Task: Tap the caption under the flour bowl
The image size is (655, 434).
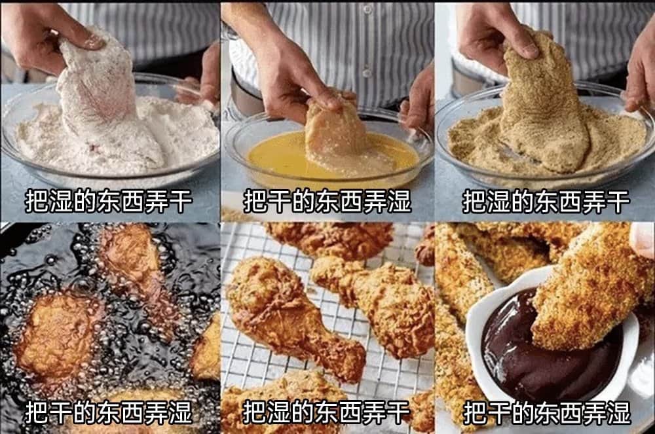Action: click(109, 201)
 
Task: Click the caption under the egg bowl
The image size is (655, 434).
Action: click(327, 201)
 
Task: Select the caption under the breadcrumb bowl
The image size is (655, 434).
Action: click(546, 201)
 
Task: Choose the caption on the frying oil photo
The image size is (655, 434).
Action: click(109, 412)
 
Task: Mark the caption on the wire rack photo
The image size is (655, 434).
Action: click(327, 412)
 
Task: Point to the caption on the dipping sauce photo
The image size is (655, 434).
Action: click(547, 412)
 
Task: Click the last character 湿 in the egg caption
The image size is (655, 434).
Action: click(400, 201)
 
